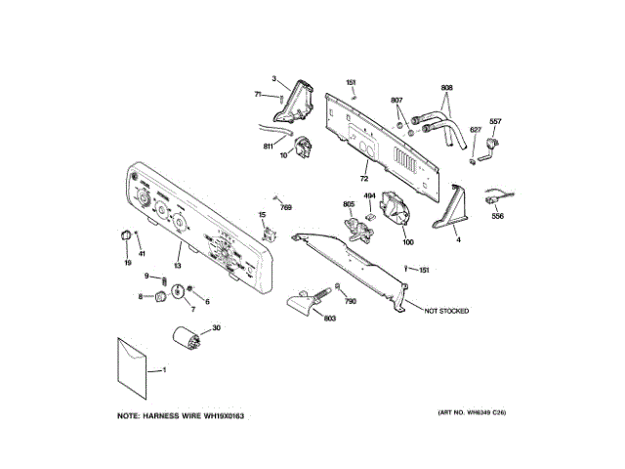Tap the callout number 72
click(x=363, y=180)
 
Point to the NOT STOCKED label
click(x=445, y=311)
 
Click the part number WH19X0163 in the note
click(x=223, y=417)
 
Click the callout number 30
click(x=217, y=328)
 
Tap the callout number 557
click(x=495, y=121)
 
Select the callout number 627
click(x=476, y=129)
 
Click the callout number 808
click(x=446, y=88)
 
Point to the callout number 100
click(x=407, y=241)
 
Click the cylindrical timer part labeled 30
click(x=187, y=344)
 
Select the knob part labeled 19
click(x=124, y=235)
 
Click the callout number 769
click(x=287, y=207)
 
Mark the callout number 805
click(x=348, y=204)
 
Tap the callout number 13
click(x=178, y=265)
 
